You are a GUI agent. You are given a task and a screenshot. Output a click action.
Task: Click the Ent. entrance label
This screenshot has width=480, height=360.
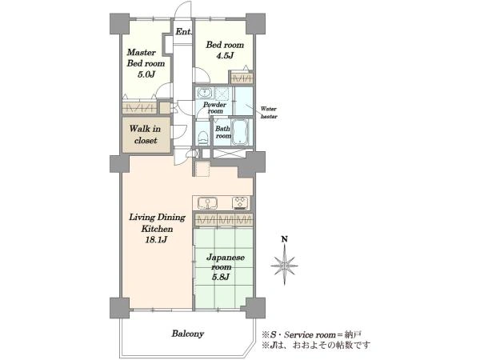pyautogui.click(x=184, y=31)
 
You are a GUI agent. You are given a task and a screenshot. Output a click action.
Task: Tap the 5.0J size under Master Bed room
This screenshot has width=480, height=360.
pyautogui.click(x=146, y=74)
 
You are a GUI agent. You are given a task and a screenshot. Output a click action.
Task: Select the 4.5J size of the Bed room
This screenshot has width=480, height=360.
pyautogui.click(x=225, y=56)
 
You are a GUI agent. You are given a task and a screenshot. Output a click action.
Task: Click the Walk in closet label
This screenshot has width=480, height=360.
pyautogui.click(x=146, y=134)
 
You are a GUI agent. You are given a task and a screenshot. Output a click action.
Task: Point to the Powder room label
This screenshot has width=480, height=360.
pyautogui.click(x=215, y=107)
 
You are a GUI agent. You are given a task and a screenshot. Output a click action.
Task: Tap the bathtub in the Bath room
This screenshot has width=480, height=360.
pyautogui.click(x=240, y=132)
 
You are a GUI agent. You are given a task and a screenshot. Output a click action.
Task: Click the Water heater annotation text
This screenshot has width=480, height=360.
pyautogui.click(x=269, y=112)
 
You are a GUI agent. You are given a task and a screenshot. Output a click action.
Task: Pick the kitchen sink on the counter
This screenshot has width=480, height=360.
pyautogui.click(x=207, y=203)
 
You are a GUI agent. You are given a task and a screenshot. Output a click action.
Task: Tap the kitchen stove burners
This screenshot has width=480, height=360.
pyautogui.click(x=241, y=203)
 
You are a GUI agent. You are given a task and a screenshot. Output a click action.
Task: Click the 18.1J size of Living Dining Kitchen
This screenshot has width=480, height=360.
pyautogui.click(x=156, y=240)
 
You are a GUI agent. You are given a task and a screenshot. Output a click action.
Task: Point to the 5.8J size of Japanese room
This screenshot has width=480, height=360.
pyautogui.click(x=221, y=277)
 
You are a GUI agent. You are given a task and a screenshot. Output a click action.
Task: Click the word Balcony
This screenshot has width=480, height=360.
pyautogui.click(x=188, y=333)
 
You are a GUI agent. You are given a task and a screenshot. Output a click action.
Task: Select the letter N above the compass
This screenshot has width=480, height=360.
pyautogui.click(x=285, y=239)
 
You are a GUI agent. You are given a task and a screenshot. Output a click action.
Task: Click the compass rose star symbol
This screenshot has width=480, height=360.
pyautogui.click(x=284, y=265)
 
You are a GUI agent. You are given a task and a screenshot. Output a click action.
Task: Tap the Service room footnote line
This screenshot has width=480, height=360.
pyautogui.click(x=312, y=334)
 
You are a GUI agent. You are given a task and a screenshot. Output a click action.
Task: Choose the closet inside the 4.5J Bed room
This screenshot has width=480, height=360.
pyautogui.click(x=242, y=78)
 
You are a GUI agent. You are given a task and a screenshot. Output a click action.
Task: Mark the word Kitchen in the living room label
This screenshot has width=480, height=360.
pyautogui.click(x=157, y=229)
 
